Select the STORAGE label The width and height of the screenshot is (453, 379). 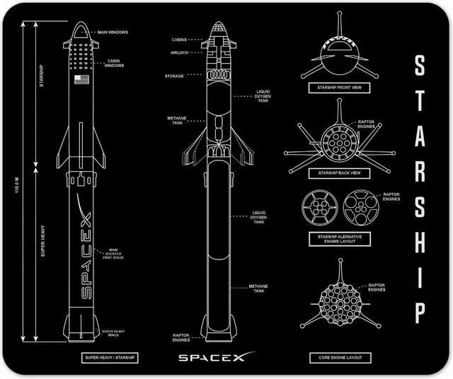pos(175,76)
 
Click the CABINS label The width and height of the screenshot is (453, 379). pos(179,40)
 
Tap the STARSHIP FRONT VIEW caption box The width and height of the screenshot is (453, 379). pos(336,88)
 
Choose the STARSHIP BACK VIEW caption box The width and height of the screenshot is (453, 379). pos(336,173)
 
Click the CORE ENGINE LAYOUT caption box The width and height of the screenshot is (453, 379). pos(336,358)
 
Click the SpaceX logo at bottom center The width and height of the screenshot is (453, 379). pos(211,358)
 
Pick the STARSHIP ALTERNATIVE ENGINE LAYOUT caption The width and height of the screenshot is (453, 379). pos(336,238)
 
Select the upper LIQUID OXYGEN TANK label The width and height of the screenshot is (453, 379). pos(263,97)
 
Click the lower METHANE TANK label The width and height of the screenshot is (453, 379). pos(258,288)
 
